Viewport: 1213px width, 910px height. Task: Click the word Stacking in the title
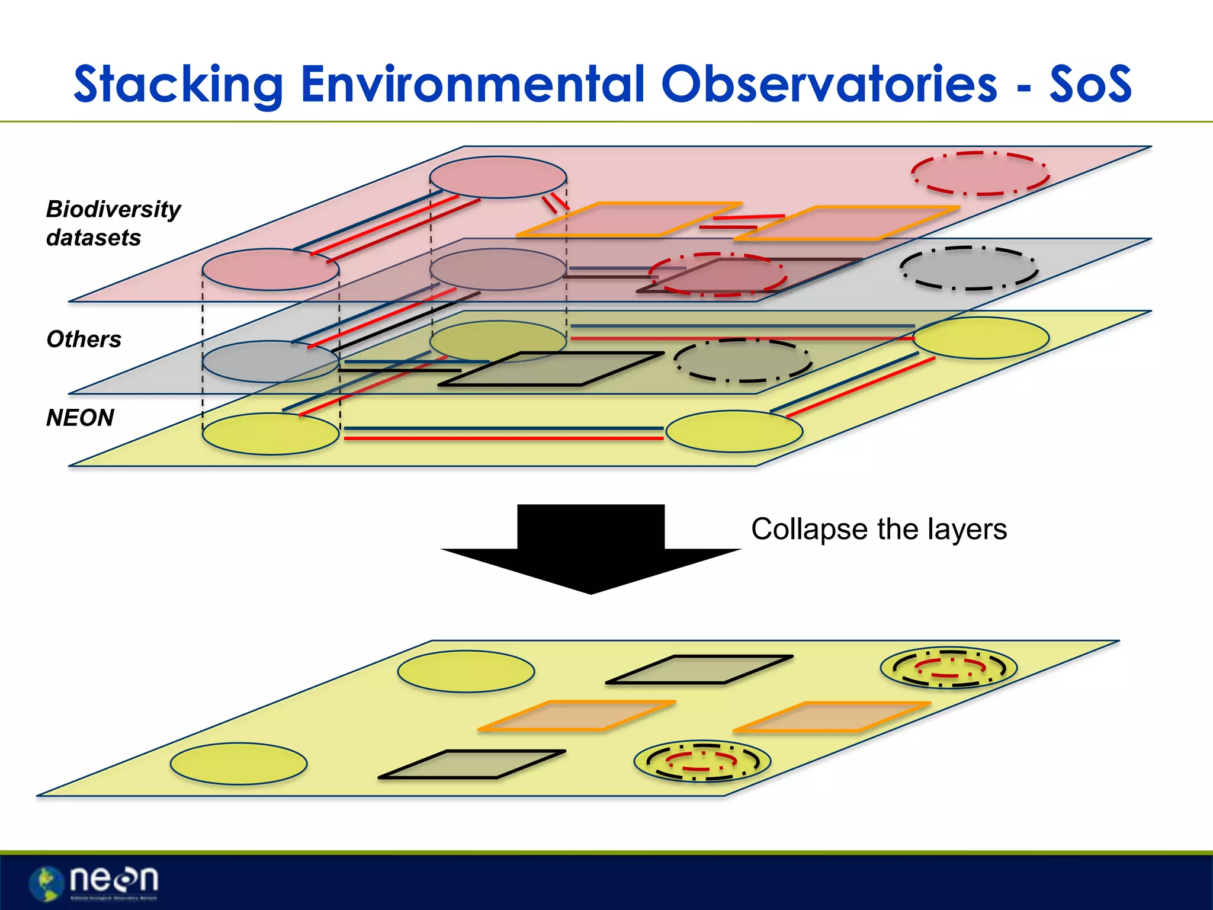click(x=178, y=85)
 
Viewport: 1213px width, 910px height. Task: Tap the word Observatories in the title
click(x=829, y=85)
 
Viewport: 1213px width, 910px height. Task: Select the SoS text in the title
click(x=1090, y=85)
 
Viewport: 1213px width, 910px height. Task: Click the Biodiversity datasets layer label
click(x=113, y=223)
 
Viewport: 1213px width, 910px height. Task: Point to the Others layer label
click(x=84, y=339)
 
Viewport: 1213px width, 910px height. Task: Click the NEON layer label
click(x=80, y=418)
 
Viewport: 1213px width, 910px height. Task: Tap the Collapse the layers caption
click(x=878, y=529)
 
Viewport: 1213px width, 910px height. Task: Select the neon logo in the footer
click(x=95, y=882)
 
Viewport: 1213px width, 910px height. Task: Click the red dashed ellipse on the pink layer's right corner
click(x=980, y=173)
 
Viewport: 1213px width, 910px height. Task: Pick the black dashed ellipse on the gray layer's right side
click(x=968, y=268)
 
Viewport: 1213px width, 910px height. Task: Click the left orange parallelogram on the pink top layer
click(x=629, y=219)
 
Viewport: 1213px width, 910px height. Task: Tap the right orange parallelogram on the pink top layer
click(x=847, y=223)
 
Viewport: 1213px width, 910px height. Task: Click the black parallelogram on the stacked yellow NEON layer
click(x=551, y=369)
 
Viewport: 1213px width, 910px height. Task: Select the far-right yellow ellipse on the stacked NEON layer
click(x=981, y=338)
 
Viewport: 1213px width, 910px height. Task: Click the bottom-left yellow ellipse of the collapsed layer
click(x=239, y=764)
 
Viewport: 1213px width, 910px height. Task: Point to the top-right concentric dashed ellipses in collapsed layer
click(x=949, y=668)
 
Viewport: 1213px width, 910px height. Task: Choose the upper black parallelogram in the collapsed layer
click(x=699, y=669)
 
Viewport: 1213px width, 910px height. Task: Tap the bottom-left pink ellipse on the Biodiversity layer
click(x=271, y=270)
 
